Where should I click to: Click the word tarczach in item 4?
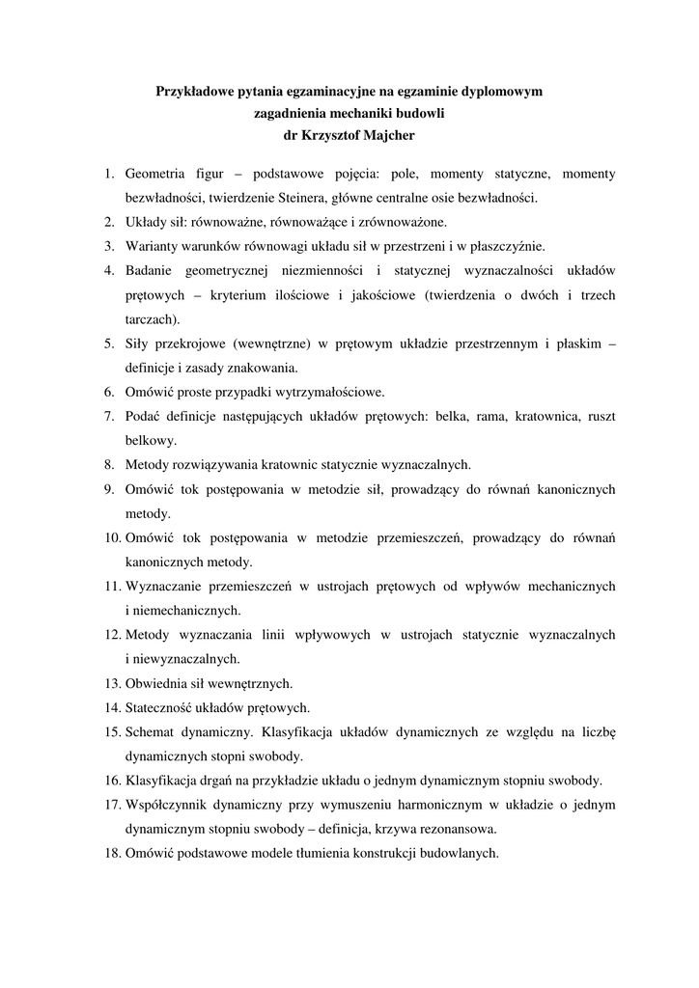click(151, 318)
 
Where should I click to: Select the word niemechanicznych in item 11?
click(177, 611)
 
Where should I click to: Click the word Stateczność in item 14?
click(161, 708)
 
